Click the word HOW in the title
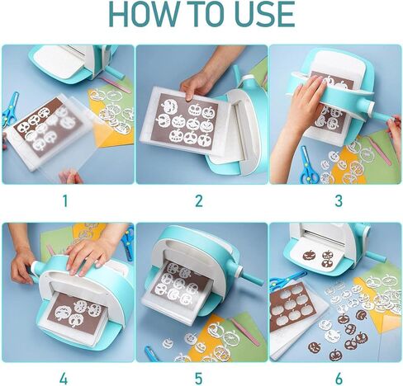143,14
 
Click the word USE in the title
264,14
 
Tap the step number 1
65,201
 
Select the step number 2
199,201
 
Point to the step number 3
339,201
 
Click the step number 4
64,379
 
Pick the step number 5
199,379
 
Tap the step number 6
339,379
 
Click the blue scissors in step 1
11,109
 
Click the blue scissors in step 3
309,165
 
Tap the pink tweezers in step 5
246,332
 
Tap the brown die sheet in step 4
77,313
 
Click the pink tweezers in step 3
380,149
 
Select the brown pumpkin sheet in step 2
187,121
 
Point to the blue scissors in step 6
287,280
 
